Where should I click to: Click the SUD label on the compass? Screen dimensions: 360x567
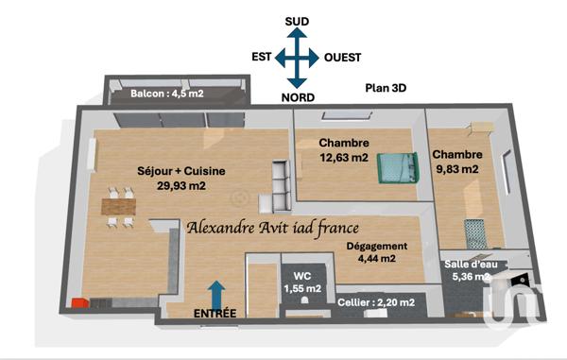(297, 20)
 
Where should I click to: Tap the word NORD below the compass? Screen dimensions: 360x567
(299, 96)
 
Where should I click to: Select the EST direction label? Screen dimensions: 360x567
(262, 57)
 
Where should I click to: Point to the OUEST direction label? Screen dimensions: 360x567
(343, 57)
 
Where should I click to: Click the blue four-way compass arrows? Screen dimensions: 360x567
(298, 58)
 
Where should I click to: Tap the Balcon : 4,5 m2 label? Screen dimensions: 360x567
(167, 94)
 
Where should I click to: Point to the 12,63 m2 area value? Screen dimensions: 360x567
(344, 159)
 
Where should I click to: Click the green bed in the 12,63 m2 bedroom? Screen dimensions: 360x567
(396, 167)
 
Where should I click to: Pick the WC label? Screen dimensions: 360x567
(303, 275)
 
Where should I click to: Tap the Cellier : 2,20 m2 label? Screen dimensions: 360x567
(375, 302)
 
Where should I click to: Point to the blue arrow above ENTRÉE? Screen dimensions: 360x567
(216, 292)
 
